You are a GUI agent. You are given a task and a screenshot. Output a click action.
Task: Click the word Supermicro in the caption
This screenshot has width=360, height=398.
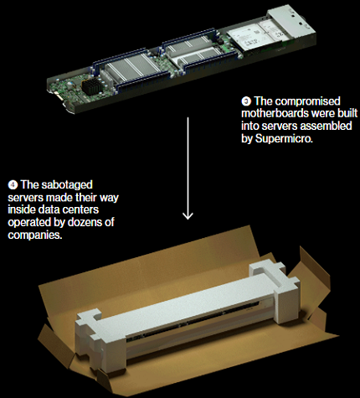coord(284,138)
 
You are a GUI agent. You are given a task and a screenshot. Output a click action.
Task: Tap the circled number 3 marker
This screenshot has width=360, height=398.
coord(246,101)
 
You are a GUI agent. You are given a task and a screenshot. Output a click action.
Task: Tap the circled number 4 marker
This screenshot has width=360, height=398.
coord(13,185)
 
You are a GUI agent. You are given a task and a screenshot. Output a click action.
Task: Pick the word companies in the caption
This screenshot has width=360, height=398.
coord(35,235)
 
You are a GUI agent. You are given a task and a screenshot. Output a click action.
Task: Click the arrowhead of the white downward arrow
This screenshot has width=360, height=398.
coord(188,215)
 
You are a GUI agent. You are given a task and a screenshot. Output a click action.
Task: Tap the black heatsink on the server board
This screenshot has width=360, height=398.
coord(92,85)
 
